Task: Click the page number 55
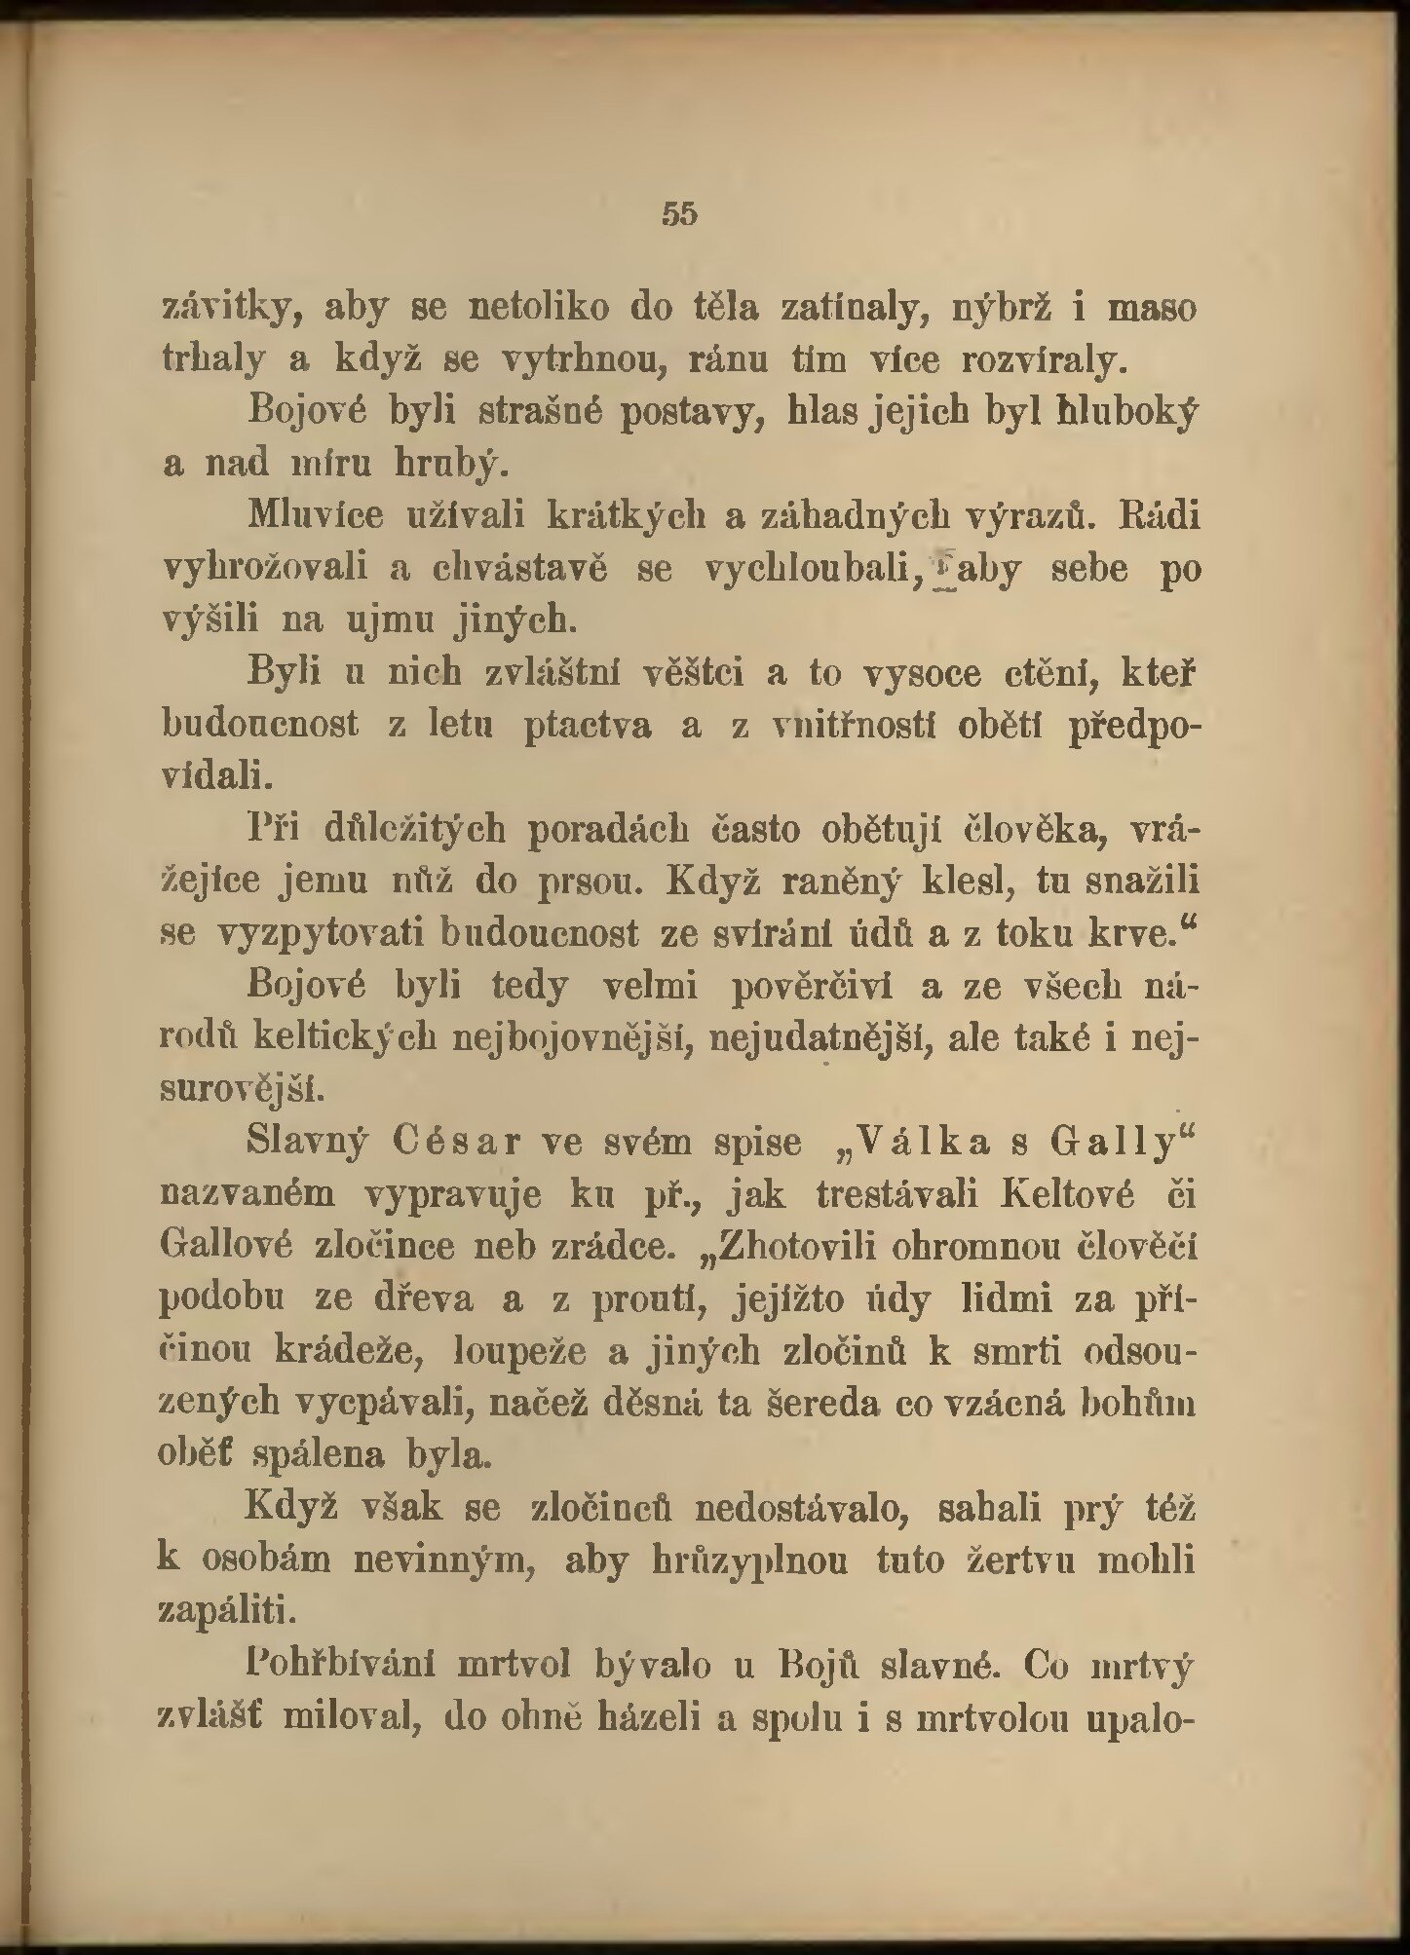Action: point(679,213)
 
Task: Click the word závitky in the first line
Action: point(227,311)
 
